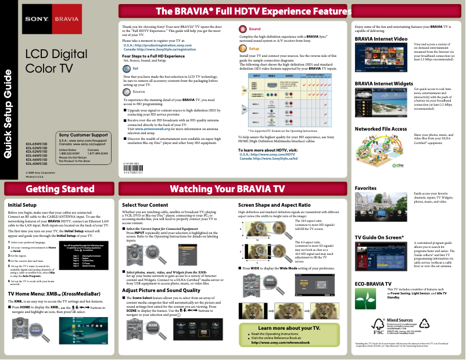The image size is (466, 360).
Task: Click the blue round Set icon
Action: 127,68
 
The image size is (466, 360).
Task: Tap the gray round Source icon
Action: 127,92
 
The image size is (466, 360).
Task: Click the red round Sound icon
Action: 243,28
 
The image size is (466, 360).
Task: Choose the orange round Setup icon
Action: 243,49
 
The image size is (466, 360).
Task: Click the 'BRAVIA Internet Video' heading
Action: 381,38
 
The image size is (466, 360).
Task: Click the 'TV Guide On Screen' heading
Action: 379,237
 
